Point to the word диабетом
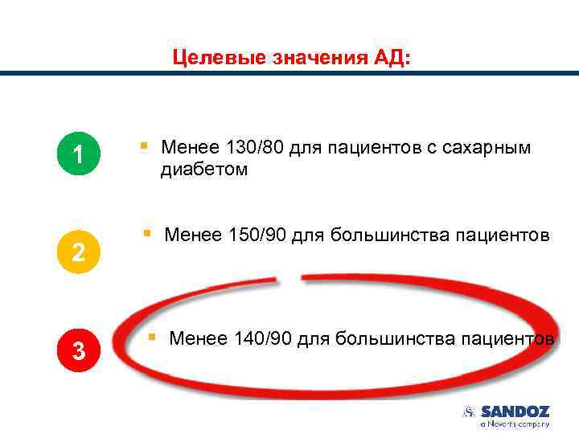[x=204, y=169]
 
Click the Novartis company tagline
[x=515, y=424]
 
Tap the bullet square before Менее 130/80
[x=142, y=146]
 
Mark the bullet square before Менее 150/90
[x=147, y=233]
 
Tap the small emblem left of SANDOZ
[x=470, y=411]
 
